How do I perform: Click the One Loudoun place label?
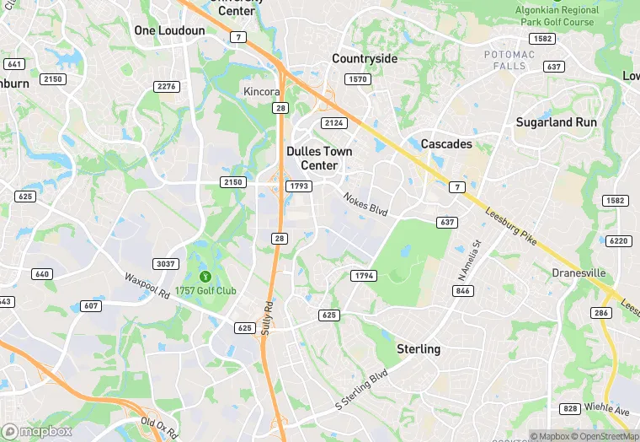[169, 30]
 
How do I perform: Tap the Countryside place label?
[364, 58]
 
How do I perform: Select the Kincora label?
[261, 91]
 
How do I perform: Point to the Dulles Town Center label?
[319, 159]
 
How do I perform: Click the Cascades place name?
[446, 144]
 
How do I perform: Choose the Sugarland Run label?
[556, 122]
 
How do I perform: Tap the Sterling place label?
[419, 349]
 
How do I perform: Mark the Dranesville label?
[579, 273]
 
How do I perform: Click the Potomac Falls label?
[509, 60]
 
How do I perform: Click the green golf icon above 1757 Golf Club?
[205, 276]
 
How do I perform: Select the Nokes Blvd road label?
[365, 204]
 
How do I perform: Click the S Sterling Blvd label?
[361, 389]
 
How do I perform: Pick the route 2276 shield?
[167, 87]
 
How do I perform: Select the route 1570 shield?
[359, 79]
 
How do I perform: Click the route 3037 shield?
[166, 264]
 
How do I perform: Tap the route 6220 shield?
[618, 240]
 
